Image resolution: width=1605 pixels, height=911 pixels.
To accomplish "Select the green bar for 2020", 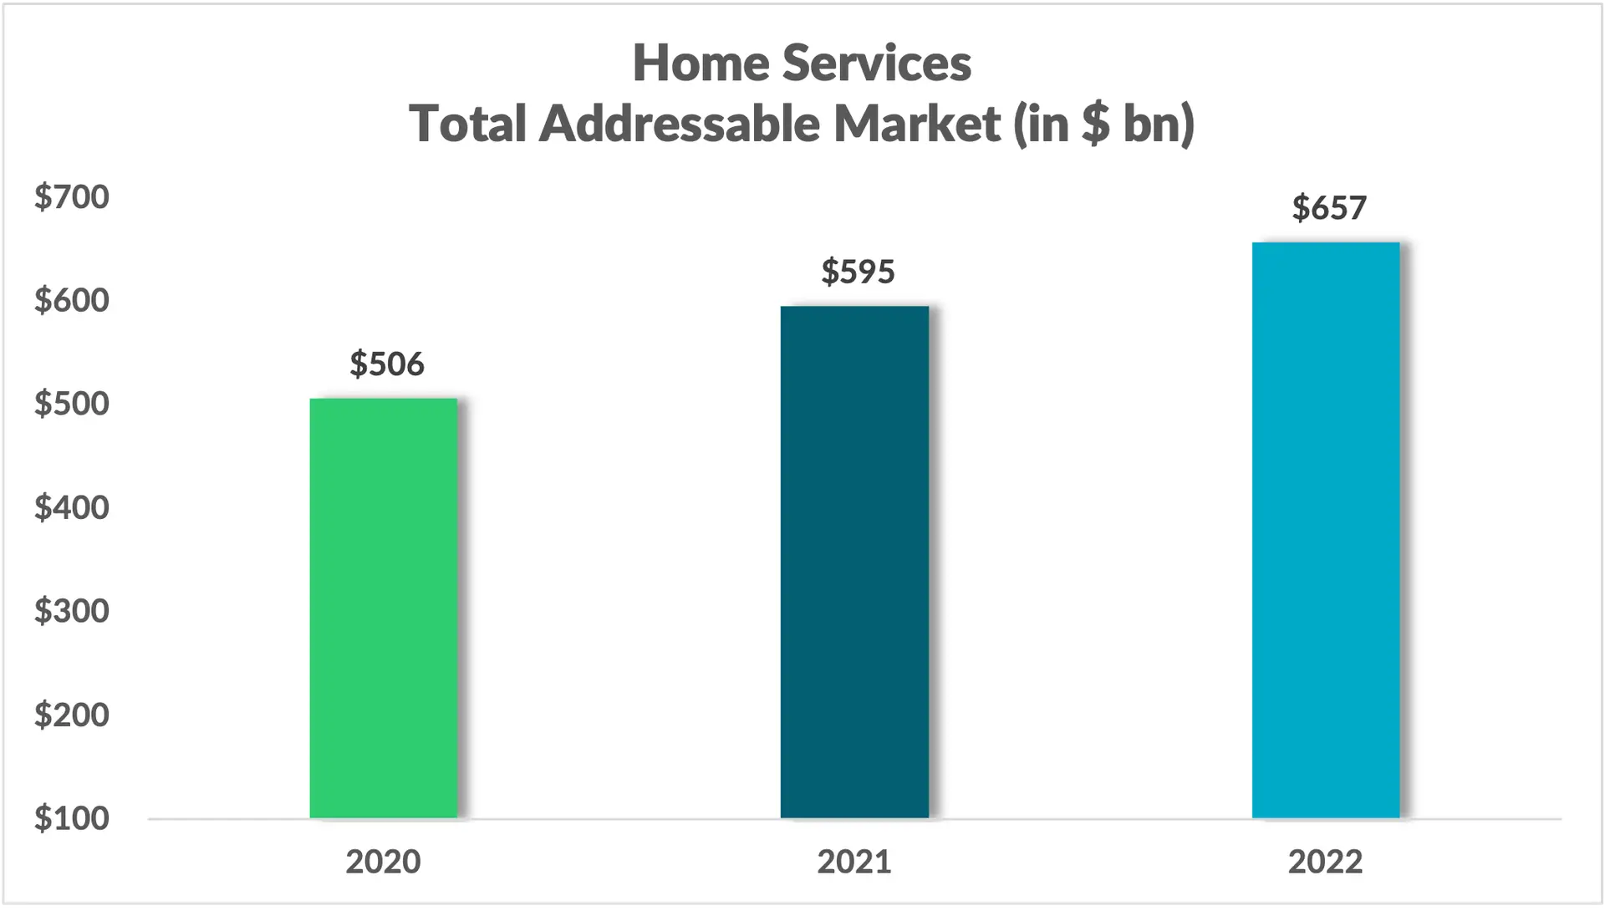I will tap(384, 608).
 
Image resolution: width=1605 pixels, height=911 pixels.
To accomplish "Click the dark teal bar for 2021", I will tap(854, 562).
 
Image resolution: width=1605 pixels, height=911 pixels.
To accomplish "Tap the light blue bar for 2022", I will tap(1326, 530).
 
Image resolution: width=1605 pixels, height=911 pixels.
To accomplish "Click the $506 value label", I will tap(387, 364).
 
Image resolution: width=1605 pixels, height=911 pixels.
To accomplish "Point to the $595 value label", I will tap(858, 272).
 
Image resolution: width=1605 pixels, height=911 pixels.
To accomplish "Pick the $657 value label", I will tap(1329, 207).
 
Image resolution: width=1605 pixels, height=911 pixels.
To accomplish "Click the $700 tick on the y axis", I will tap(72, 197).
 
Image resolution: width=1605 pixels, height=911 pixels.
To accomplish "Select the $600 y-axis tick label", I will tap(72, 300).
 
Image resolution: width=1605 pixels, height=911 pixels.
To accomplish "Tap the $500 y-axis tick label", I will tap(72, 404).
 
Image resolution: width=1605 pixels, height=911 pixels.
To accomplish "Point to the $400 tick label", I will tap(72, 507).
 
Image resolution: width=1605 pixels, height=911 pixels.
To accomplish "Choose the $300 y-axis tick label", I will tap(72, 611).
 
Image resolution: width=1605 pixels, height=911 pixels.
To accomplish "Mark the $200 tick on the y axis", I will tap(72, 715).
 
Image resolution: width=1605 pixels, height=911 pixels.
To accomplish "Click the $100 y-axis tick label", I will tap(72, 818).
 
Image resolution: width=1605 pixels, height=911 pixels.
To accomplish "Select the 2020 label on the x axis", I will tap(383, 862).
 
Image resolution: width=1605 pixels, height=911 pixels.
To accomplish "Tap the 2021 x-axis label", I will tap(854, 862).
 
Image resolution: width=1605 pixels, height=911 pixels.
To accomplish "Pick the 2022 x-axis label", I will tap(1325, 862).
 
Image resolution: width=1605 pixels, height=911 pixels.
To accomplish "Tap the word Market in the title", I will tap(917, 124).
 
